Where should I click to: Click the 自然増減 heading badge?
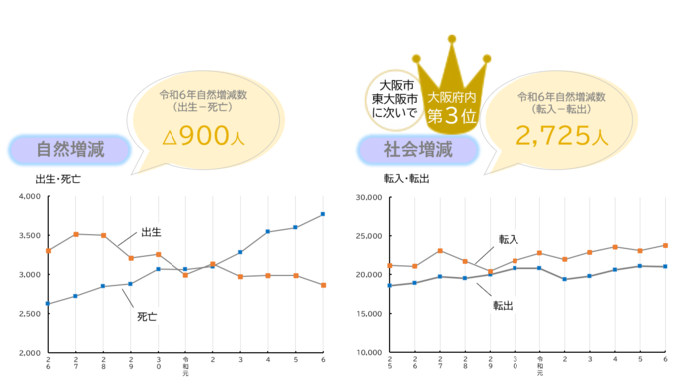69,150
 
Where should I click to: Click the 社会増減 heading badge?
418,150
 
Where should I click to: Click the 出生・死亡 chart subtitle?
58,179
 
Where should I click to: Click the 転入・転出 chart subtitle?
406,179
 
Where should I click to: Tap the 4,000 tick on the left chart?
28,197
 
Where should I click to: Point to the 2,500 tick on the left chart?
28,314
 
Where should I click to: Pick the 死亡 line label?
148,316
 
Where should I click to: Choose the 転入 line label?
509,239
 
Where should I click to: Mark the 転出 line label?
503,305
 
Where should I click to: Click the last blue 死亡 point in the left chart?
322,214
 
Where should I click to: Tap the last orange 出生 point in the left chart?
322,285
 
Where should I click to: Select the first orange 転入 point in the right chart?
390,265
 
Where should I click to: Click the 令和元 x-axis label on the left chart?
185,365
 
